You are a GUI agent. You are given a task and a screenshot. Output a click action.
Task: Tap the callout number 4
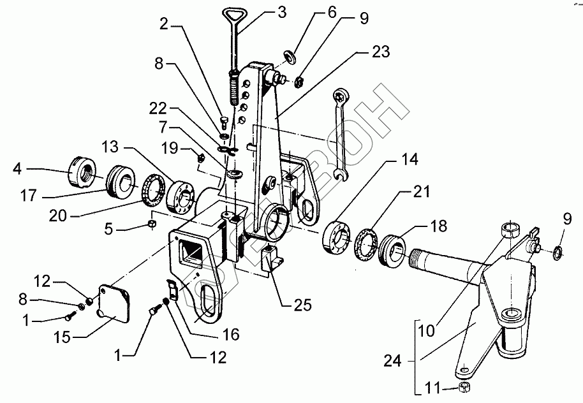point(18,170)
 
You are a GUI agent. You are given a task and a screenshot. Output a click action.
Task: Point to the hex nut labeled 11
point(464,388)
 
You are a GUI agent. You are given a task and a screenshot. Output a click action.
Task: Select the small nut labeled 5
point(152,224)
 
